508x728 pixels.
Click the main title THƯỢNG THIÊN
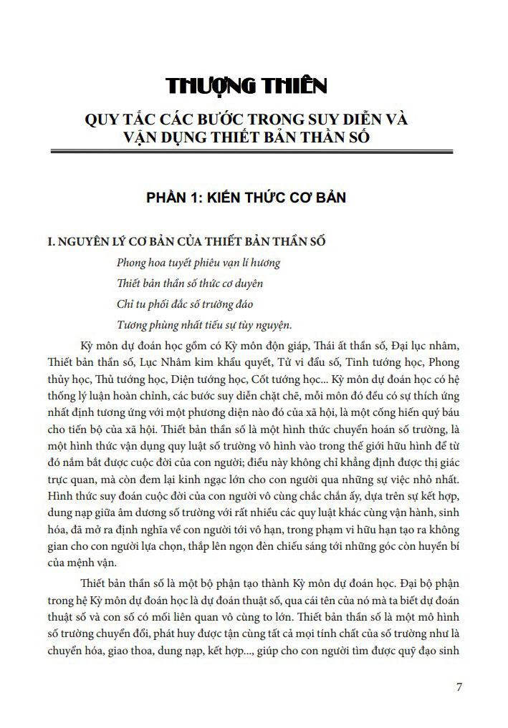[246, 86]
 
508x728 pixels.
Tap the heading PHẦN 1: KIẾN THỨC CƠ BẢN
[246, 197]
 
